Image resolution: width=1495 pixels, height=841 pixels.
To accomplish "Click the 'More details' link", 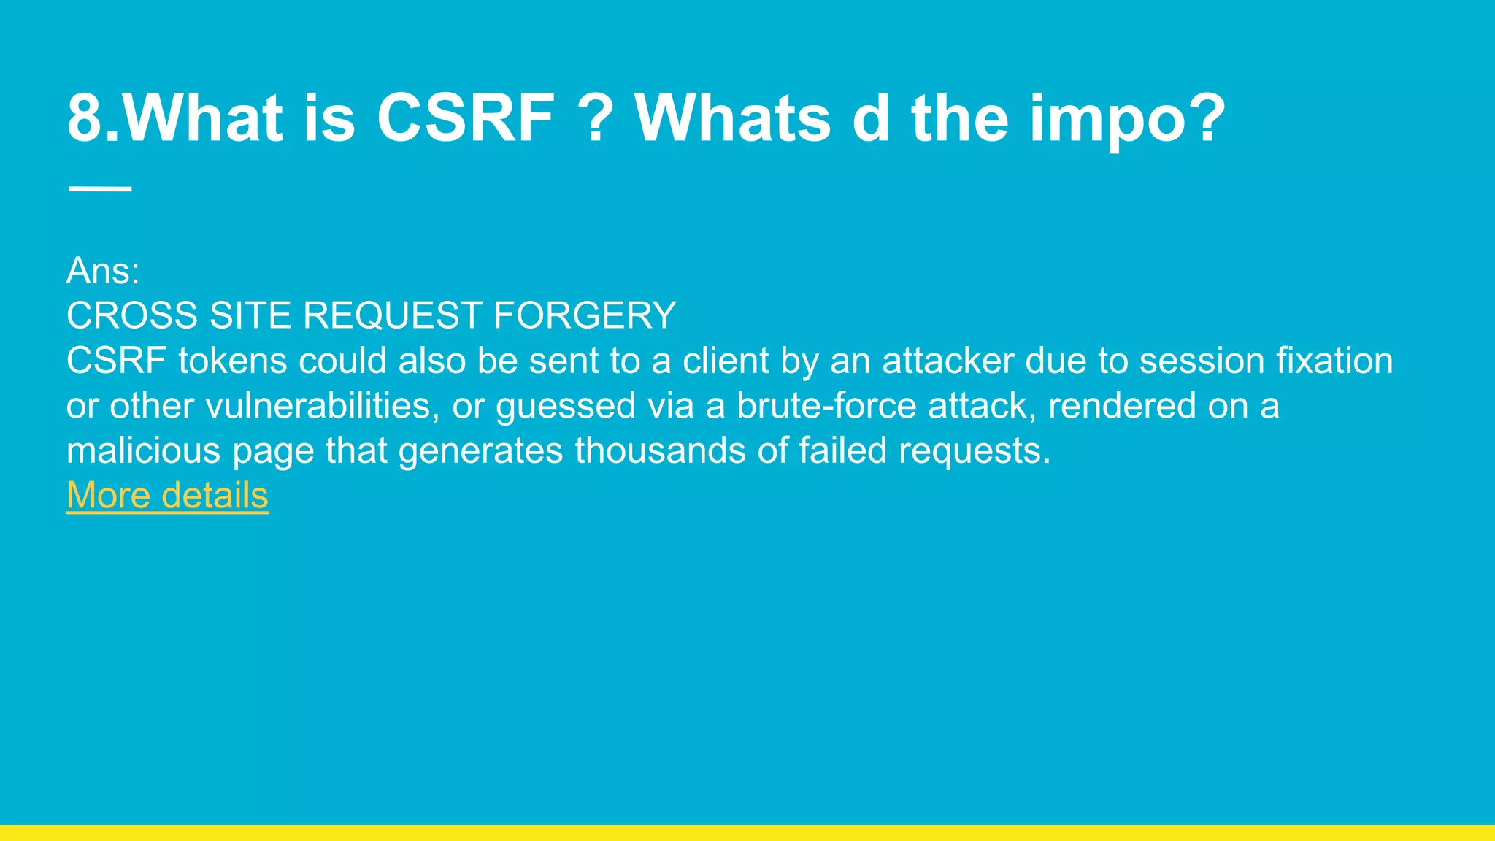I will (x=167, y=496).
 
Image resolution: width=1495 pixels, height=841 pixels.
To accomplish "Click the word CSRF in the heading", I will (x=466, y=118).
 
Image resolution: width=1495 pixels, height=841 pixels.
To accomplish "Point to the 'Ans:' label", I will (x=103, y=271).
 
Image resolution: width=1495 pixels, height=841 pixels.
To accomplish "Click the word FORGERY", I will (x=584, y=316).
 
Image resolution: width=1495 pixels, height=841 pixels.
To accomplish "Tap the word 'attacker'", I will (x=948, y=361).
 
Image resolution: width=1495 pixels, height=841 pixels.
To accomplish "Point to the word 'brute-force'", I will (x=826, y=406).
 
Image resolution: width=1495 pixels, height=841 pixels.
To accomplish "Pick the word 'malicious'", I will (x=143, y=451).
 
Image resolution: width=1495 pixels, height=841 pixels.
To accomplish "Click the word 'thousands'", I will (x=660, y=451).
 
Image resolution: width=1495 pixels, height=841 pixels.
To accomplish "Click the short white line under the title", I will (x=100, y=189).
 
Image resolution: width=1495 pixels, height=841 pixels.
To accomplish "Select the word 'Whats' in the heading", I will (x=733, y=118).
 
